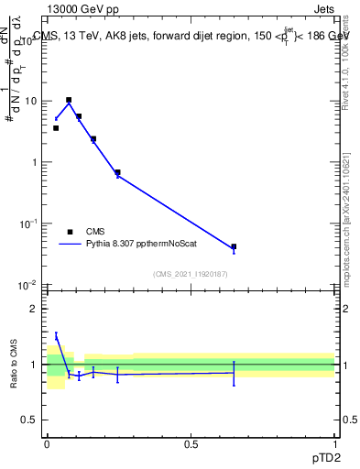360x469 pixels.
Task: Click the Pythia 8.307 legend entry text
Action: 138,245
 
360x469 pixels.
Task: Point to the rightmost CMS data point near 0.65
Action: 234,246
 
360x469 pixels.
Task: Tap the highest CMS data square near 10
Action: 69,100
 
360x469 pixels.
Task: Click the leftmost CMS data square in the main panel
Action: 56,128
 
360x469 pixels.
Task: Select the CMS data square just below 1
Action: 117,172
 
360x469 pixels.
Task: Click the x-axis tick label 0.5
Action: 191,442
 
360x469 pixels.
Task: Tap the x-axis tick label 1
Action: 335,442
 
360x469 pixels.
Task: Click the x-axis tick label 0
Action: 47,442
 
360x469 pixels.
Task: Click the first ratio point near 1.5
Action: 56,336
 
